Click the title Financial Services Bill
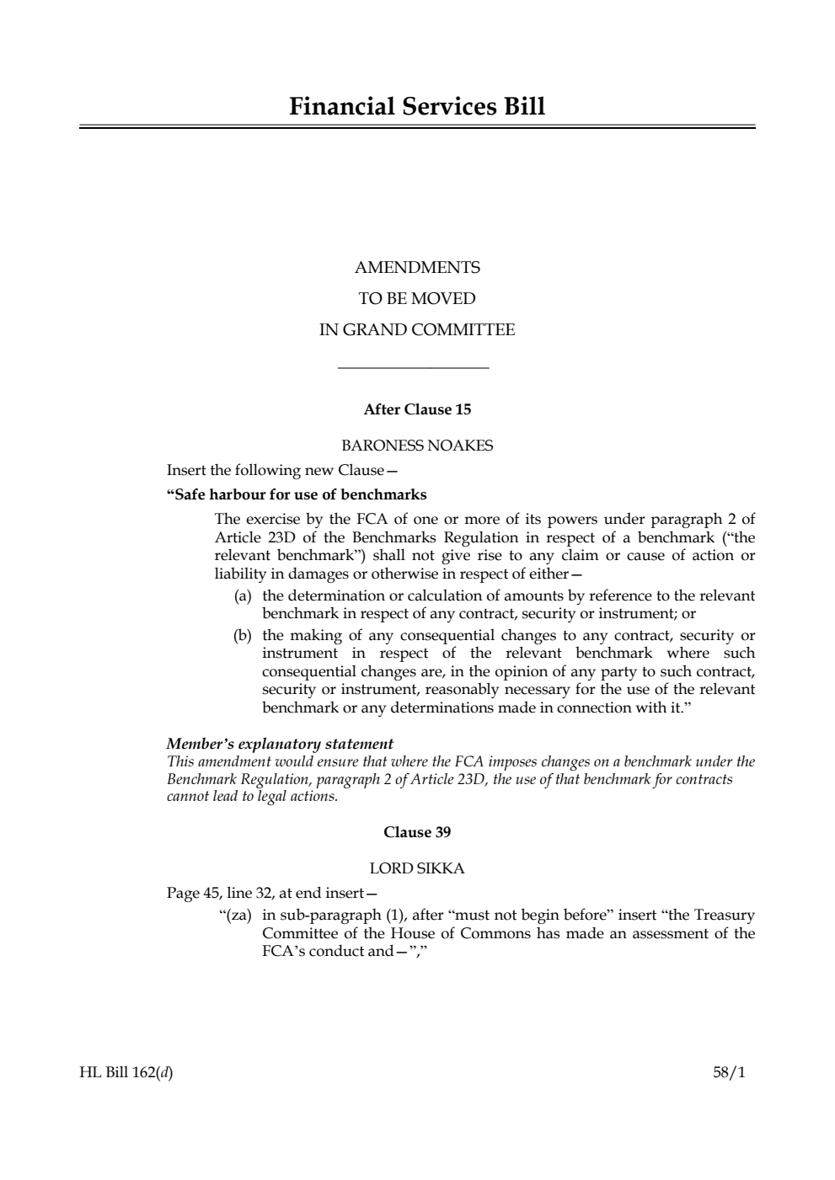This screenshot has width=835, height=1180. [417, 107]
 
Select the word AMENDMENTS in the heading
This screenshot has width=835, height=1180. [417, 268]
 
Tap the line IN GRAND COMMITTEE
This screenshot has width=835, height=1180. [417, 330]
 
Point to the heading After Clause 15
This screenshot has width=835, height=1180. [417, 410]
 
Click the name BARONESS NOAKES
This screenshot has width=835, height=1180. [417, 446]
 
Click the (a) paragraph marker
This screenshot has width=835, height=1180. [243, 596]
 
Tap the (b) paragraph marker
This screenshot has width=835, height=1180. [243, 635]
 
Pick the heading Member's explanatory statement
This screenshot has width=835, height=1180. [280, 744]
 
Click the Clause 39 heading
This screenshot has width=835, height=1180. [417, 832]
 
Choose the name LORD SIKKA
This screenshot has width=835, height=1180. [417, 868]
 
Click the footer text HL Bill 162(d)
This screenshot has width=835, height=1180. [126, 1073]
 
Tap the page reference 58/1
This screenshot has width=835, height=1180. [729, 1073]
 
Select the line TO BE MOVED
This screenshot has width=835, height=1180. [417, 299]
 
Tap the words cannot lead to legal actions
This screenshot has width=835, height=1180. [252, 796]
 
